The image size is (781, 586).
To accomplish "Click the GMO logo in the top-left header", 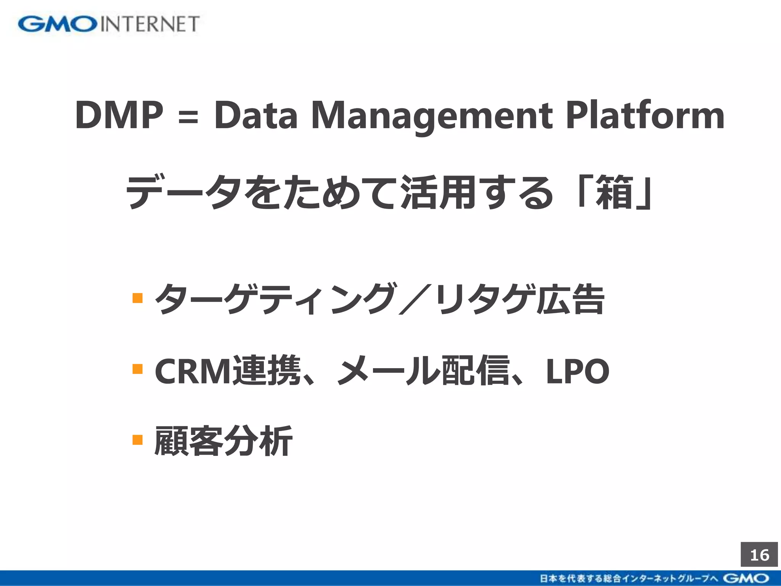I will point(57,24).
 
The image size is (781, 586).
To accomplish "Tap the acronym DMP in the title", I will point(119,115).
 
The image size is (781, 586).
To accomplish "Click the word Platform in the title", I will point(644,115).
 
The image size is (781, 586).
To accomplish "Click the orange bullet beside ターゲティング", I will point(137,298).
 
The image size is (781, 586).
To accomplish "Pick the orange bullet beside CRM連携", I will point(137,369).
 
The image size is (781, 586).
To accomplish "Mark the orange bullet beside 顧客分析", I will point(137,440).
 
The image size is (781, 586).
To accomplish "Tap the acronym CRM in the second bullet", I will point(193,371).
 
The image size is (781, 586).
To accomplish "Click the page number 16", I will point(759,555).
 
